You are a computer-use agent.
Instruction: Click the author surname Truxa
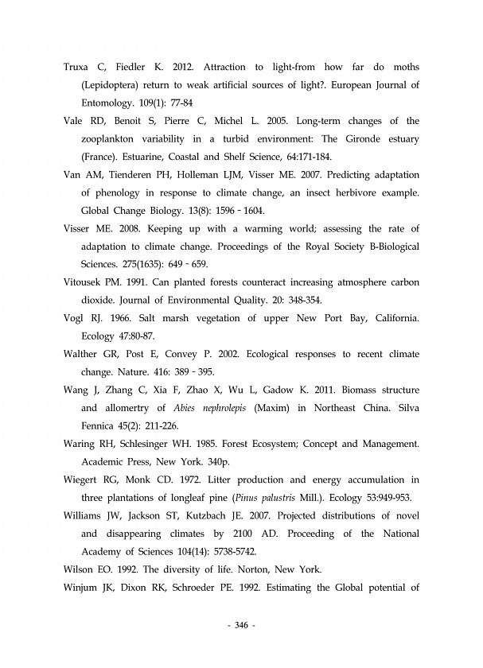tap(77, 66)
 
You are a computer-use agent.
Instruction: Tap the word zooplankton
tap(114, 139)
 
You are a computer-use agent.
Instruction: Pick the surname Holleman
tap(223, 176)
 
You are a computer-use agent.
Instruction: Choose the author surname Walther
tap(82, 353)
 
